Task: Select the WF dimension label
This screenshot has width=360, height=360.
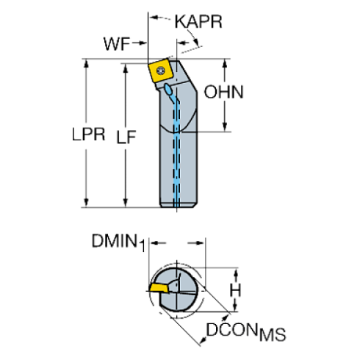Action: click(116, 44)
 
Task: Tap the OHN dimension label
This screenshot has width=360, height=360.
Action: click(223, 93)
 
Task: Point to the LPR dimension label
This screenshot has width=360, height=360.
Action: click(88, 135)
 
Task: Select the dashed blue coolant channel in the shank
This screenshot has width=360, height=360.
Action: click(177, 147)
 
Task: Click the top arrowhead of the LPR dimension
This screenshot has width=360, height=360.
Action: click(88, 65)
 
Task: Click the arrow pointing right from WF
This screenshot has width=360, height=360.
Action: click(143, 44)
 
